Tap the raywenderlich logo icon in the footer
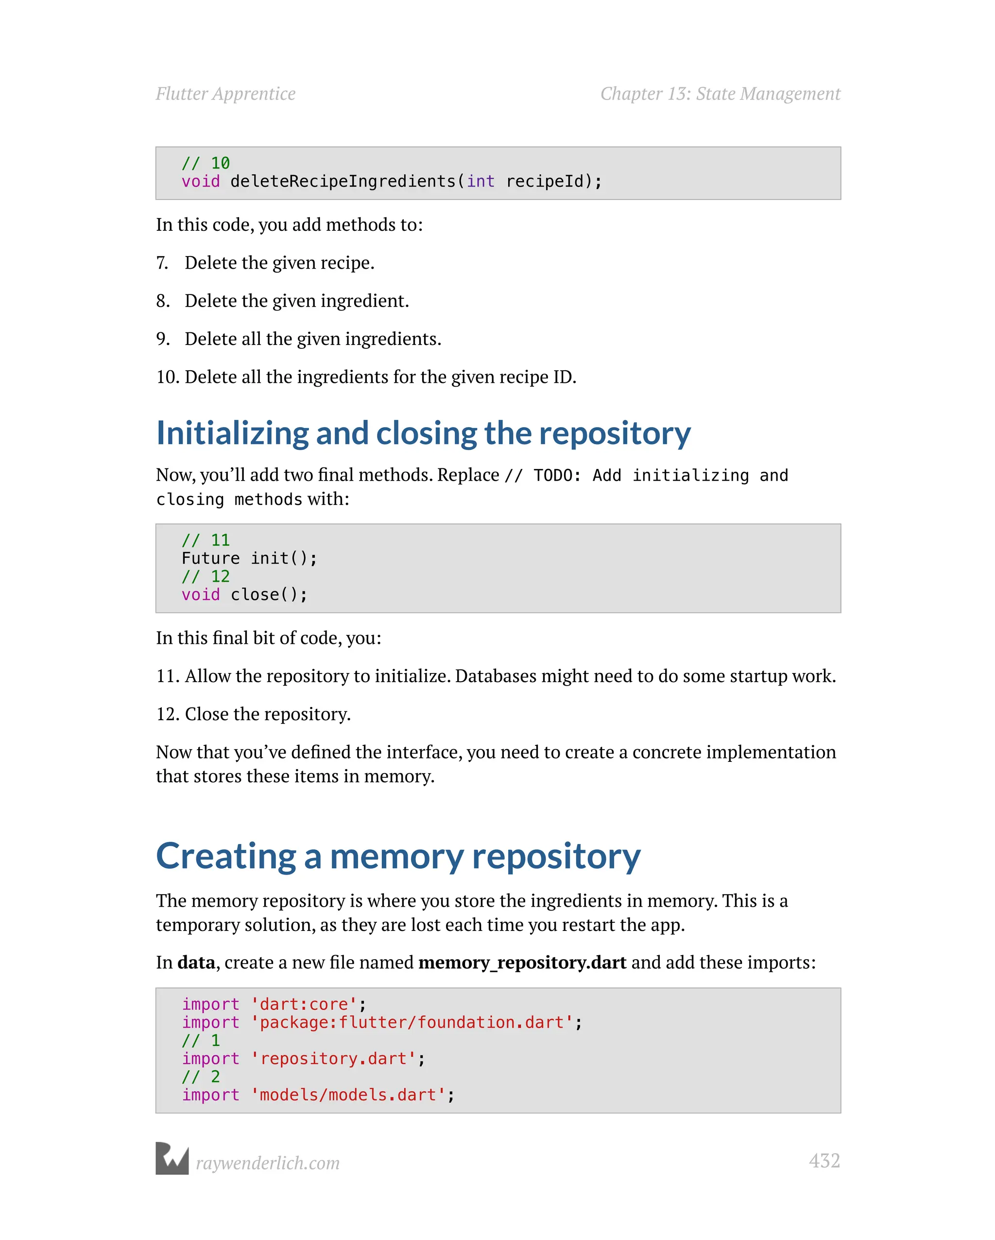(x=172, y=1158)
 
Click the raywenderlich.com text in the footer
(x=267, y=1163)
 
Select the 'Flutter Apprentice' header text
(x=225, y=94)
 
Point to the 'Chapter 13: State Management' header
(x=720, y=94)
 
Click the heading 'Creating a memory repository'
(x=398, y=856)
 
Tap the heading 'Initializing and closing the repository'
(x=423, y=433)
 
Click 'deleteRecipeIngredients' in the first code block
(x=343, y=182)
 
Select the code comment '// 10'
(x=206, y=163)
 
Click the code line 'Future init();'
(x=249, y=558)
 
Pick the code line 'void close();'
(x=244, y=595)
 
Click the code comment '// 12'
(x=206, y=576)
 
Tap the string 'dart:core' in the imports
(x=304, y=1004)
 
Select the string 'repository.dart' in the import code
(x=334, y=1059)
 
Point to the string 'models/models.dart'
(x=348, y=1095)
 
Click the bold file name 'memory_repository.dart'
(x=522, y=962)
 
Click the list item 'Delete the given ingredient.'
(x=297, y=301)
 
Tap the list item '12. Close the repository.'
(x=254, y=714)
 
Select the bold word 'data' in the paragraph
(x=196, y=962)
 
